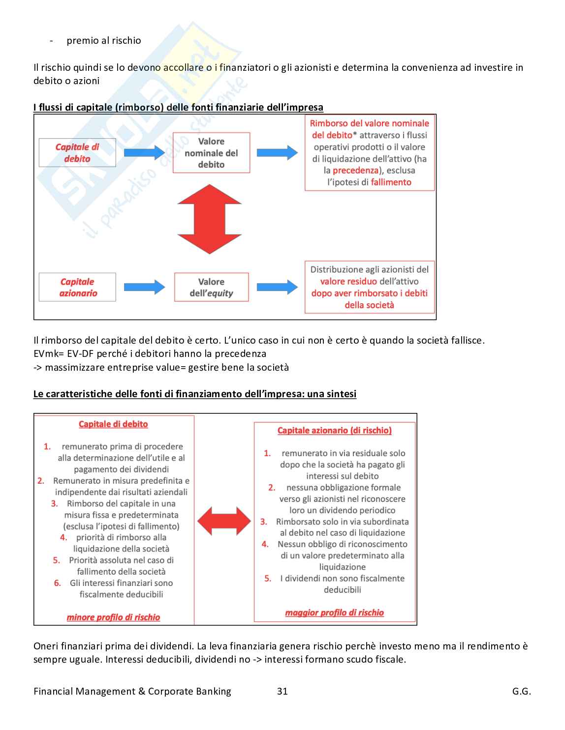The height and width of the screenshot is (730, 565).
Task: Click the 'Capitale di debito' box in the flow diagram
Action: (77, 153)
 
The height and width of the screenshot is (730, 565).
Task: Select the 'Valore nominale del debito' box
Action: (211, 153)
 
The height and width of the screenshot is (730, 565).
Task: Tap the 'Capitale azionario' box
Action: (77, 288)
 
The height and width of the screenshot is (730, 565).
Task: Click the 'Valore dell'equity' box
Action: (211, 288)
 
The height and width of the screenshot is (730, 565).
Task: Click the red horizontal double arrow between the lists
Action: (224, 521)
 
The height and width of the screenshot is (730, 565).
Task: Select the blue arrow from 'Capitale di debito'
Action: (144, 153)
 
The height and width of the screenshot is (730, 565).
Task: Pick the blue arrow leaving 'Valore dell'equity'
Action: (277, 288)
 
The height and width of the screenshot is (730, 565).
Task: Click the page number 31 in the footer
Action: (282, 691)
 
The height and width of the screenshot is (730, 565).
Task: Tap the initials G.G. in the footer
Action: (521, 691)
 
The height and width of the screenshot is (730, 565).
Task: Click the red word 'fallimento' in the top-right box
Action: (391, 182)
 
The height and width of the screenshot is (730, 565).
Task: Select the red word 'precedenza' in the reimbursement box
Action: (355, 171)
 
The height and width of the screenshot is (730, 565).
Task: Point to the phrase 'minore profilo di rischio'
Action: (113, 617)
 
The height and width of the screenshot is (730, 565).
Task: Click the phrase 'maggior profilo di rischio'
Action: (334, 613)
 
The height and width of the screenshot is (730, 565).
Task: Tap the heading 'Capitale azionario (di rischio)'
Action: (334, 431)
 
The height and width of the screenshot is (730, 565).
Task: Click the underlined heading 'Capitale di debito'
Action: (113, 424)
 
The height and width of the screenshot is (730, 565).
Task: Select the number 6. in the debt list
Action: (58, 583)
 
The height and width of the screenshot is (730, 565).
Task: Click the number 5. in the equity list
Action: (268, 579)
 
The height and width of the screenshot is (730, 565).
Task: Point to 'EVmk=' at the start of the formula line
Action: (49, 354)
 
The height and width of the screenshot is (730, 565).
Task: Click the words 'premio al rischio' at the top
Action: (104, 41)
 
